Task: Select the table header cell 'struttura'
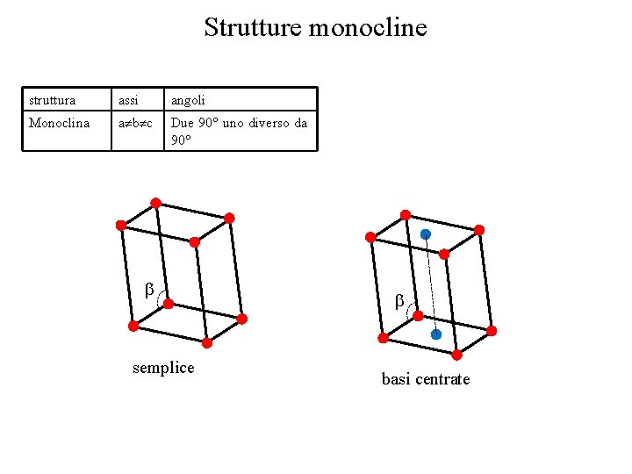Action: pyautogui.click(x=52, y=100)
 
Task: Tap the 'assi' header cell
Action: pyautogui.click(x=128, y=100)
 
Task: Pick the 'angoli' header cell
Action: pyautogui.click(x=188, y=100)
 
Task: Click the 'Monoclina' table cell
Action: pyautogui.click(x=59, y=123)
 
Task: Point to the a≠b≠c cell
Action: pyautogui.click(x=135, y=123)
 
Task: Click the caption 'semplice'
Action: pyautogui.click(x=163, y=367)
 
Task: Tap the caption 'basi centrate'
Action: pyautogui.click(x=426, y=378)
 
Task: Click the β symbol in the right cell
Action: pyautogui.click(x=399, y=300)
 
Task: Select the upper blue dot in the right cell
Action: pyautogui.click(x=426, y=234)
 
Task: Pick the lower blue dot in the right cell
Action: pyautogui.click(x=435, y=334)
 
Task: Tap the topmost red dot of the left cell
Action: pyautogui.click(x=155, y=203)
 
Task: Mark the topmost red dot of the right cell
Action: pyautogui.click(x=405, y=214)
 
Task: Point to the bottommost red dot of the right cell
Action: pyautogui.click(x=456, y=355)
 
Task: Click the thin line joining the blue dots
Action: pyautogui.click(x=430, y=284)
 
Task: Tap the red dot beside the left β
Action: pyautogui.click(x=169, y=305)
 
